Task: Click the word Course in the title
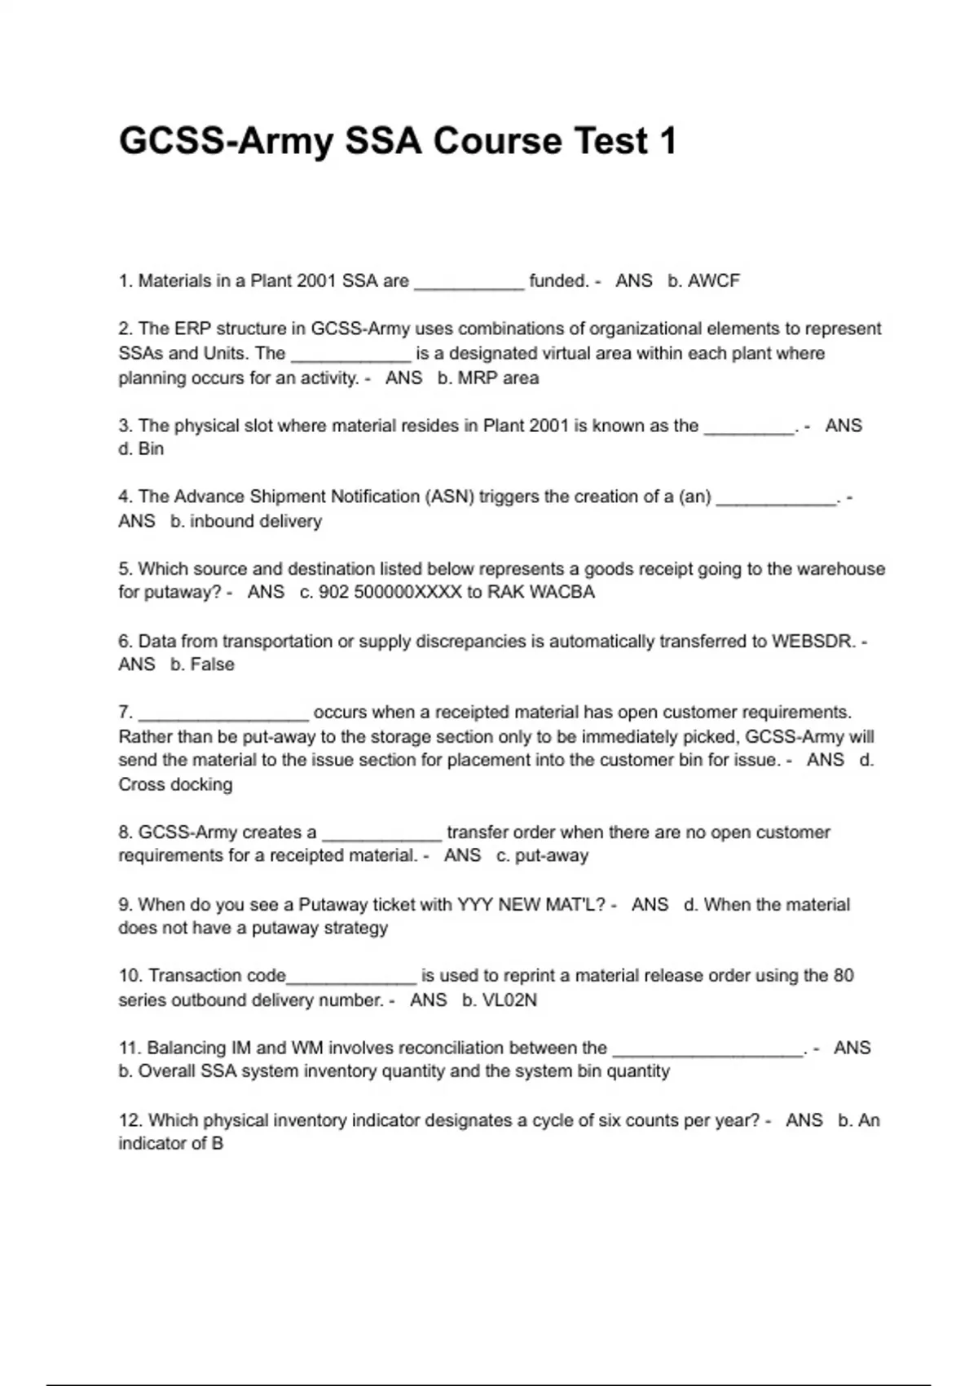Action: coord(497,141)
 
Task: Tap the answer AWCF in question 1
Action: coord(713,281)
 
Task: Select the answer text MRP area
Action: coord(498,378)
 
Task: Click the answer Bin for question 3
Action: coord(151,449)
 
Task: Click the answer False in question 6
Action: coord(212,664)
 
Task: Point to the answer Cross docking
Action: coord(175,784)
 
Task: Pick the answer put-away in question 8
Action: coord(552,856)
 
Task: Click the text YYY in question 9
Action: coord(474,905)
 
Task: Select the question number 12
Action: coord(130,1120)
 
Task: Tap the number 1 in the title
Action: coord(667,141)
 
